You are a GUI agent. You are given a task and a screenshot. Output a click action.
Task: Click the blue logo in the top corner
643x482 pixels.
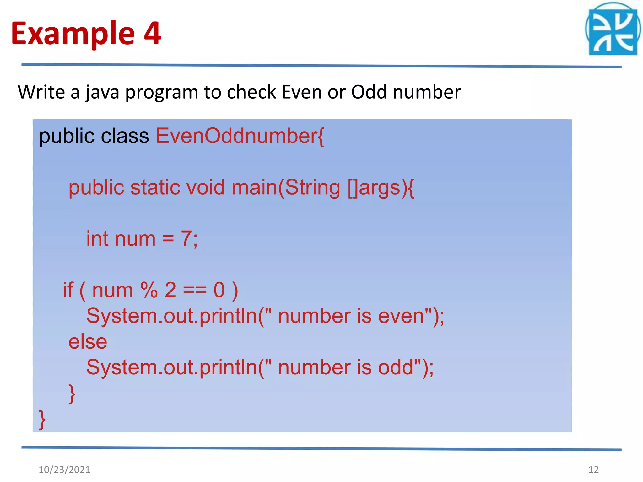[613, 30]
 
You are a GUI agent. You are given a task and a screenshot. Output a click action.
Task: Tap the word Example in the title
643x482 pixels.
[73, 34]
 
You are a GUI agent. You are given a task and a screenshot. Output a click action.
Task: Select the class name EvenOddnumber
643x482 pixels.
[237, 136]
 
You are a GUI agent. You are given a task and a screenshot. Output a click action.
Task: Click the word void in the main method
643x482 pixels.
[205, 187]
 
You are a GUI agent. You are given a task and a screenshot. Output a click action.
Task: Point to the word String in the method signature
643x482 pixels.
[312, 187]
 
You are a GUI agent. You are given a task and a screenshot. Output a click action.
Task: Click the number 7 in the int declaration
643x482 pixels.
[186, 238]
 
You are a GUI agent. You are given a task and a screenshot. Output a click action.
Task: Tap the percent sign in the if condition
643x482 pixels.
[149, 290]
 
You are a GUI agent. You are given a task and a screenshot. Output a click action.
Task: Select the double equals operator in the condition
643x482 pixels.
[195, 290]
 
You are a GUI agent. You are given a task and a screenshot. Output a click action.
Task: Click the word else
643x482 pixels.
[88, 342]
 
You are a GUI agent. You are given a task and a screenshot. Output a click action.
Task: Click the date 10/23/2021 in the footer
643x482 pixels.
[64, 469]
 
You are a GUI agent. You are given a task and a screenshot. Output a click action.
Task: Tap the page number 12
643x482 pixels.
[593, 469]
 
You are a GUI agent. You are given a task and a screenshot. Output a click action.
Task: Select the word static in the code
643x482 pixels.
[155, 187]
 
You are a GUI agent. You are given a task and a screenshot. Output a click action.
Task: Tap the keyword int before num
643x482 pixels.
[97, 238]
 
